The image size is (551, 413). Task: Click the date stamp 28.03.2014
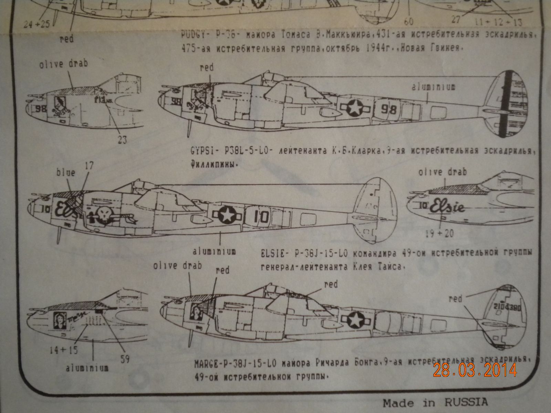(475, 370)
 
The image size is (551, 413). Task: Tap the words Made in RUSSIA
(435, 402)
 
